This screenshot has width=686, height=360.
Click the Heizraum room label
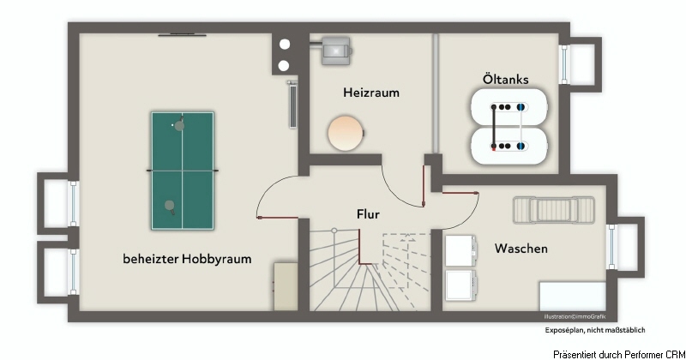pos(371,93)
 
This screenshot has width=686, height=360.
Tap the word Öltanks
pos(505,79)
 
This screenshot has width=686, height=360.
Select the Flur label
pos(368,214)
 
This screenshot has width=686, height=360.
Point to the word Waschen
pos(521,249)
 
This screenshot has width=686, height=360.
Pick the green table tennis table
pos(183,171)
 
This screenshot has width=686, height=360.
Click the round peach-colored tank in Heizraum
pos(346,133)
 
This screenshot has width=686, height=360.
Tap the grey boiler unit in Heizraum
pos(335,51)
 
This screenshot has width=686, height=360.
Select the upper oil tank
pos(508,107)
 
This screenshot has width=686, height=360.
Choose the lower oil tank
pos(508,146)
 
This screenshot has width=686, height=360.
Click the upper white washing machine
pos(460,250)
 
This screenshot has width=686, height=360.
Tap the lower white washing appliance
pos(460,285)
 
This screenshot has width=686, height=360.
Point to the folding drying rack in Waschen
pos(554,210)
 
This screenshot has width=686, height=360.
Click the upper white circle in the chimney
pos(285,45)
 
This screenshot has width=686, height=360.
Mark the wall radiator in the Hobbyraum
pos(292,105)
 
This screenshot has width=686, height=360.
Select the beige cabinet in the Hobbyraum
pos(286,286)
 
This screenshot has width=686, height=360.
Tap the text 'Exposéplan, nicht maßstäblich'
pos(595,330)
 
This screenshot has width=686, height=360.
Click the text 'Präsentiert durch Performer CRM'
pos(619,354)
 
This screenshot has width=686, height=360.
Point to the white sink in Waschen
pos(573,297)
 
